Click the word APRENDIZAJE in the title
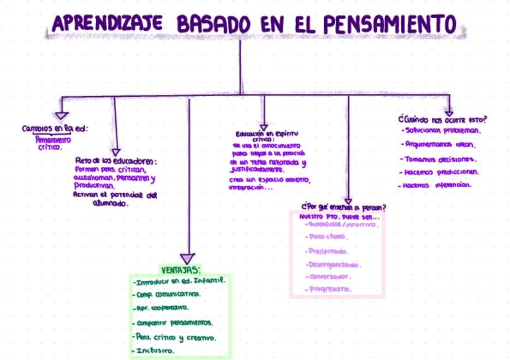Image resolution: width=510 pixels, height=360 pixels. [x=108, y=23]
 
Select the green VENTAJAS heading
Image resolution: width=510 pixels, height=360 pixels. [x=180, y=269]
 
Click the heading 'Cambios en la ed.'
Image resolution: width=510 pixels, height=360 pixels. [x=55, y=129]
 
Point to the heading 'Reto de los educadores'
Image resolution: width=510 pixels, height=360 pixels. [x=116, y=160]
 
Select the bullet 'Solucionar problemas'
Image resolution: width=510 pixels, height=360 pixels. [x=441, y=130]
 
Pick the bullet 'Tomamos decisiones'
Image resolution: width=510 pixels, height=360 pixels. [x=440, y=159]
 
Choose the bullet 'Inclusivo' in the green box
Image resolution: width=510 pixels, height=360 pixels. [x=154, y=350]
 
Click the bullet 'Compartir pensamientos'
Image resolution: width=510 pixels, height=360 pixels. [x=175, y=323]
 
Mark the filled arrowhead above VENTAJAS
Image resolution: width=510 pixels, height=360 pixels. [x=188, y=258]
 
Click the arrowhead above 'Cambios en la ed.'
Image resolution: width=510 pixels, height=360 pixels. [x=61, y=115]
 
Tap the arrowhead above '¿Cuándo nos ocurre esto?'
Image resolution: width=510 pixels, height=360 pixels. [x=449, y=112]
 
